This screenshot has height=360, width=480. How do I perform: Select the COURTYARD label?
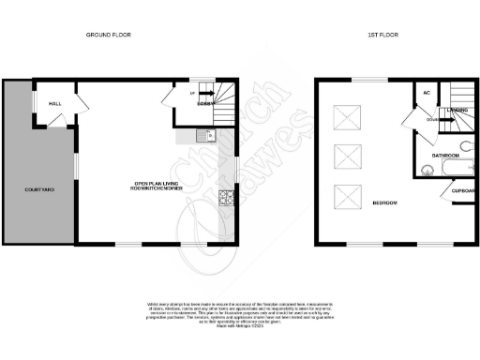39,190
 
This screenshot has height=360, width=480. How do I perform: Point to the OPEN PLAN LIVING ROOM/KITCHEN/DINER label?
156,185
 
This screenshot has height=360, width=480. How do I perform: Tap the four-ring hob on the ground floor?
226,198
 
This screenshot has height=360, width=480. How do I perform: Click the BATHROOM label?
444,155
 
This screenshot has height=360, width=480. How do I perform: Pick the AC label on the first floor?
427,93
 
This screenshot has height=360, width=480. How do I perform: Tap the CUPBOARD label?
463,191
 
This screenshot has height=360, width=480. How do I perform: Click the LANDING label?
457,110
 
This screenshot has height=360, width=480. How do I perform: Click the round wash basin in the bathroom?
427,170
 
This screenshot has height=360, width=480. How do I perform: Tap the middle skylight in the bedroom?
348,157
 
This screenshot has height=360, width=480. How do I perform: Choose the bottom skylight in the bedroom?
348,196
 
